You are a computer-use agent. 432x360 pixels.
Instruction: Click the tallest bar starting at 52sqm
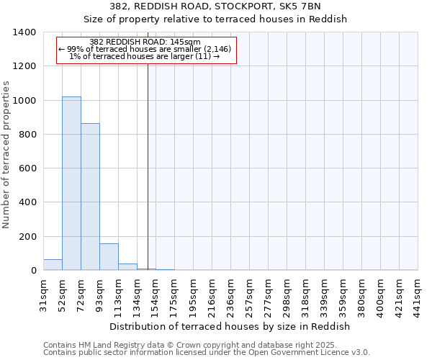(x=71, y=184)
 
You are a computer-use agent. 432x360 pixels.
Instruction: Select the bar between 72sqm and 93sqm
(x=90, y=197)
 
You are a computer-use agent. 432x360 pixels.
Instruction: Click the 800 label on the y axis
(x=27, y=135)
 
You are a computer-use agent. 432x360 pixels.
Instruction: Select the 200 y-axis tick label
(x=27, y=237)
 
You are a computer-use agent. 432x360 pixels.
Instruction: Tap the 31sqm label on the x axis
(x=43, y=294)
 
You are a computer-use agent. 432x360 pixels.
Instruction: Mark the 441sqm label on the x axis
(x=418, y=294)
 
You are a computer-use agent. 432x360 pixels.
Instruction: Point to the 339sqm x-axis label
(x=324, y=294)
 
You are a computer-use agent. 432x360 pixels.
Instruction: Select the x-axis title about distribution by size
(x=230, y=326)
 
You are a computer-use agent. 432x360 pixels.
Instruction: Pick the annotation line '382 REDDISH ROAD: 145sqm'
(x=145, y=42)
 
